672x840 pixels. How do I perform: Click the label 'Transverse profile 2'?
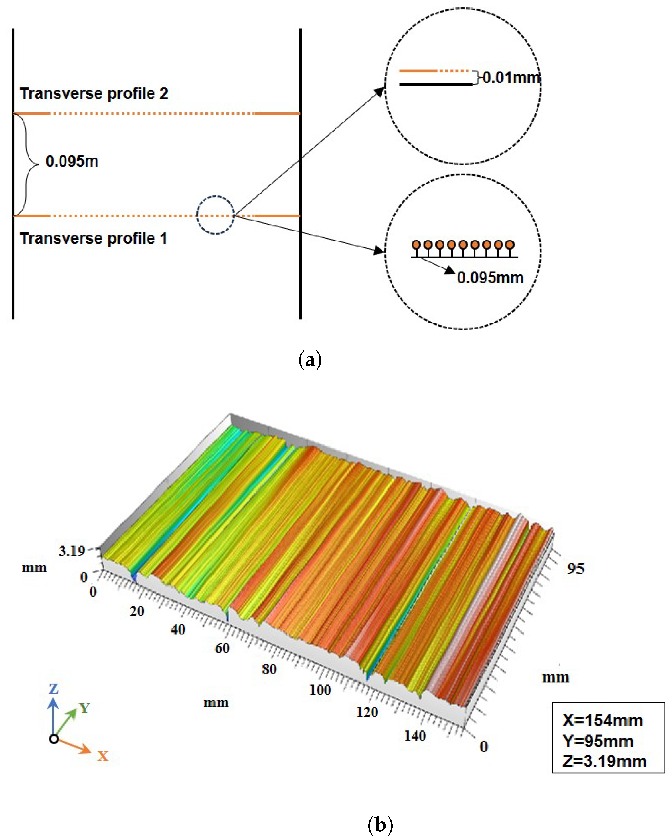(94, 94)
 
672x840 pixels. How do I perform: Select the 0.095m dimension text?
(72, 161)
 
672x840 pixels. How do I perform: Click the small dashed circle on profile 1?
(215, 215)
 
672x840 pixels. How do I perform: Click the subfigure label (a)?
(310, 360)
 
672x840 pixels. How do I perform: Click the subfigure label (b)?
(380, 825)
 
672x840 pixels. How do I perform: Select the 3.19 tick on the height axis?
(72, 551)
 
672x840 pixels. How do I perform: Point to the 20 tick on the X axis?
(137, 611)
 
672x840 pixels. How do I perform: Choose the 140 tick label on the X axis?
(415, 736)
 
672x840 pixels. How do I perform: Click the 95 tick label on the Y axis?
(575, 569)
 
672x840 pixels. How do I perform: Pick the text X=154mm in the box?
(603, 721)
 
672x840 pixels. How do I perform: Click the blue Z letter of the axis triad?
(54, 688)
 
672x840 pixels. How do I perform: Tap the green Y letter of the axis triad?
(84, 708)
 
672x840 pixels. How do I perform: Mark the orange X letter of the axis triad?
(103, 756)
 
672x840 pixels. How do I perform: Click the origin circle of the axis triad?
(54, 738)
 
